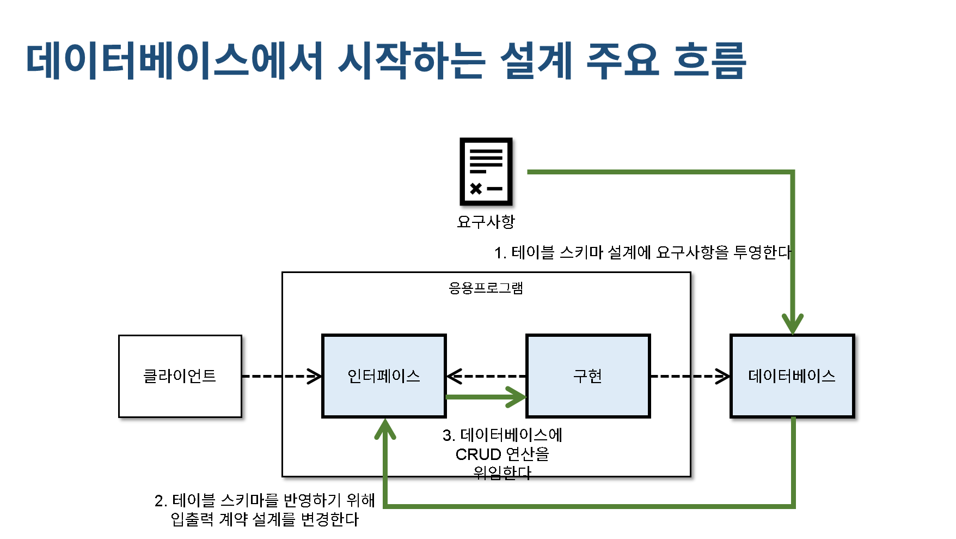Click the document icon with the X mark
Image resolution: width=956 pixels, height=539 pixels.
coord(486,171)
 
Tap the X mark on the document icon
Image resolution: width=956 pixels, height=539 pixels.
coord(476,189)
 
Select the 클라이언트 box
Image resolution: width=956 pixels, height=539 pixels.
coord(180,376)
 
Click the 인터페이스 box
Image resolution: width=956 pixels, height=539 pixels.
coord(384,376)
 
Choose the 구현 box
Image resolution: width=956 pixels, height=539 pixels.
coord(588,376)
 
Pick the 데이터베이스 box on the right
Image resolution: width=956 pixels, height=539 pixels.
coord(792,376)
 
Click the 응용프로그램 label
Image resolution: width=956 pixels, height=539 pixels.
coord(486,288)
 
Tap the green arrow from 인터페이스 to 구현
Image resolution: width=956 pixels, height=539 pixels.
coord(485,397)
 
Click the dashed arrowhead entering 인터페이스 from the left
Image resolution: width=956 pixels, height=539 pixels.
coord(314,376)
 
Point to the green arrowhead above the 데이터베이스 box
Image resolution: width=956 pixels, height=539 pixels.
coord(793,323)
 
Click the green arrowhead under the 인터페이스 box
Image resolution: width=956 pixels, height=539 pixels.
coord(385,429)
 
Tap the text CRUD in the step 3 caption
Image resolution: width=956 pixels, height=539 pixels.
coord(478,454)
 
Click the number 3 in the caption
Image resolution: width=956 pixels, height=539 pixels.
coord(447,435)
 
